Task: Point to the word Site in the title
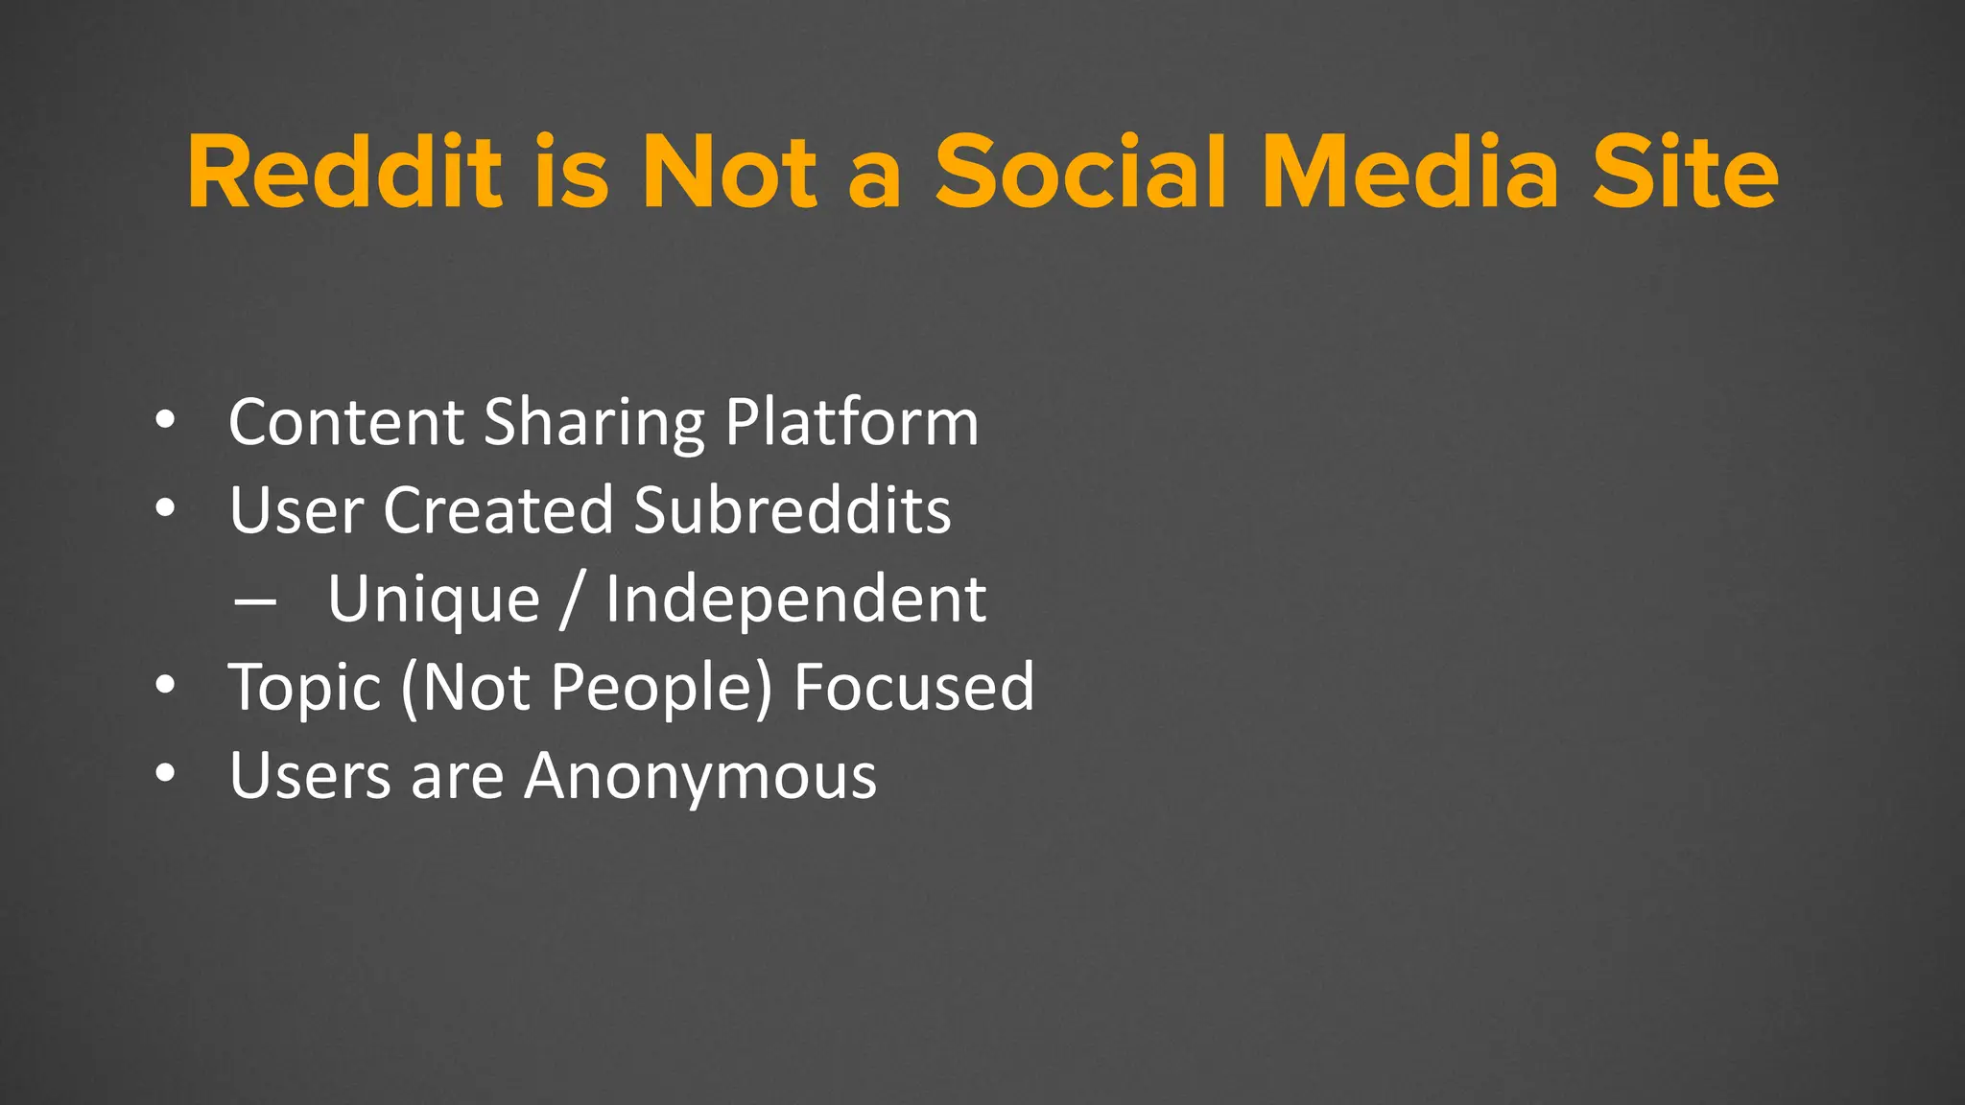pyautogui.click(x=1685, y=173)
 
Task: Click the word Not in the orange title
pyautogui.click(x=729, y=173)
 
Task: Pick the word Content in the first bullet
pyautogui.click(x=346, y=422)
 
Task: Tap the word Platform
pyautogui.click(x=852, y=422)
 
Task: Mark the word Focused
pyautogui.click(x=914, y=687)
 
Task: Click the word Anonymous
pyautogui.click(x=700, y=776)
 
